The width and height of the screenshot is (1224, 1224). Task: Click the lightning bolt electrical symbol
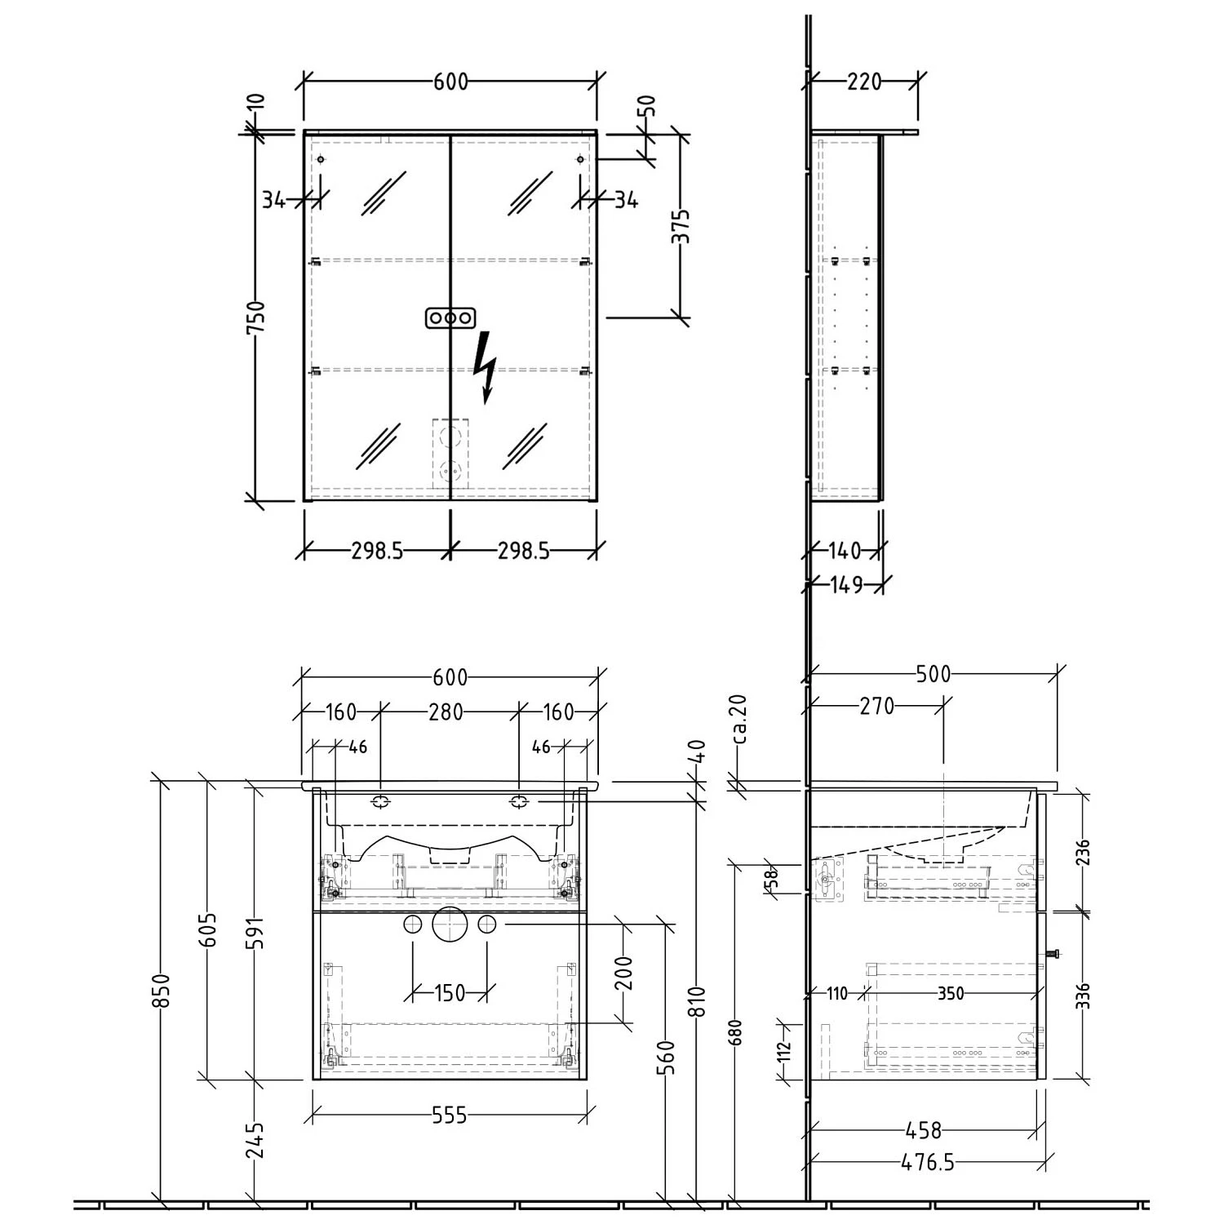[x=486, y=367]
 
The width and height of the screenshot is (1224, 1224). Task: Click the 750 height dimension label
[x=255, y=317]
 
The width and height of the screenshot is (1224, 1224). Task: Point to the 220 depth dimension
[x=865, y=82]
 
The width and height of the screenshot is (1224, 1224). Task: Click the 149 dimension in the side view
[x=846, y=584]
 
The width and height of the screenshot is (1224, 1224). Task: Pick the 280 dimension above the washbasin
[x=446, y=712]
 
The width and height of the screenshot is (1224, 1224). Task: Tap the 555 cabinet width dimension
[x=450, y=1115]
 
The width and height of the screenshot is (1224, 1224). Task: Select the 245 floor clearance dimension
[x=255, y=1140]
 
